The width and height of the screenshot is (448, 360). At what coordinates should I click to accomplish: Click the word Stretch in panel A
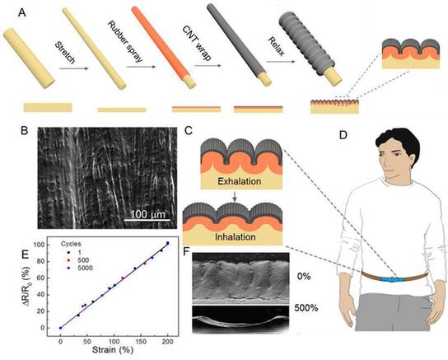(x=65, y=52)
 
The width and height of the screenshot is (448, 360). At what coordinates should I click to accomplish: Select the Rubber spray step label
(x=124, y=41)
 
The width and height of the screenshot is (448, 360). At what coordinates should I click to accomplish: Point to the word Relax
(x=276, y=46)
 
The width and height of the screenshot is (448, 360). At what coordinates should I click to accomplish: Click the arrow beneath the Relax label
(x=281, y=62)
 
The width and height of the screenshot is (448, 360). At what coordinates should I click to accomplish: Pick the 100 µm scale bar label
(x=147, y=214)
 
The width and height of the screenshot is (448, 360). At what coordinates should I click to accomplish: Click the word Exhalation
(x=240, y=181)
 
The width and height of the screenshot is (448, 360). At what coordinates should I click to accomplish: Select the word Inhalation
(x=236, y=237)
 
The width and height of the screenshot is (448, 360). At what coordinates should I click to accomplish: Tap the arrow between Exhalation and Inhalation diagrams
(x=235, y=197)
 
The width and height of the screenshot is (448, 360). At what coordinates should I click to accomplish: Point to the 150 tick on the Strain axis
(x=141, y=341)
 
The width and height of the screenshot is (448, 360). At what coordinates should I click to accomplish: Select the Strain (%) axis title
(x=113, y=350)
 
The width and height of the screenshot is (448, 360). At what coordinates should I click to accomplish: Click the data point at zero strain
(x=60, y=328)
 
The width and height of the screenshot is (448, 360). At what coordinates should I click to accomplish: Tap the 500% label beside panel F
(x=306, y=308)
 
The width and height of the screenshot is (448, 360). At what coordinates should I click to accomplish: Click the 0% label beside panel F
(x=303, y=277)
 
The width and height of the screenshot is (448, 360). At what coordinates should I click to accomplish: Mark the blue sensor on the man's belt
(x=391, y=279)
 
